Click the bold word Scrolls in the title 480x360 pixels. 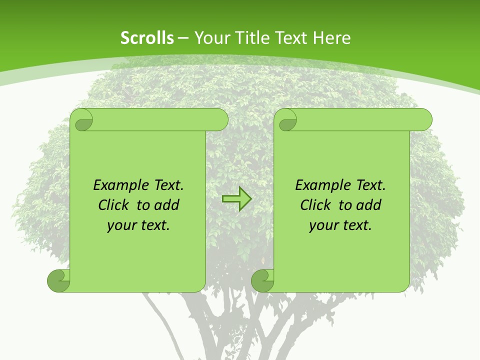pos(147,38)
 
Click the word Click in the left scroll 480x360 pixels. pos(115,205)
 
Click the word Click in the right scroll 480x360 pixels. pos(317,205)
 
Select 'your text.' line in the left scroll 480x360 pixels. pos(138,225)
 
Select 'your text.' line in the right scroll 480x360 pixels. pos(340,225)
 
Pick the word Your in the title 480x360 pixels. pos(211,38)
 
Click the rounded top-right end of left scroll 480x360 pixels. pos(220,120)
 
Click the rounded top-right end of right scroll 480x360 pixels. pos(424,120)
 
